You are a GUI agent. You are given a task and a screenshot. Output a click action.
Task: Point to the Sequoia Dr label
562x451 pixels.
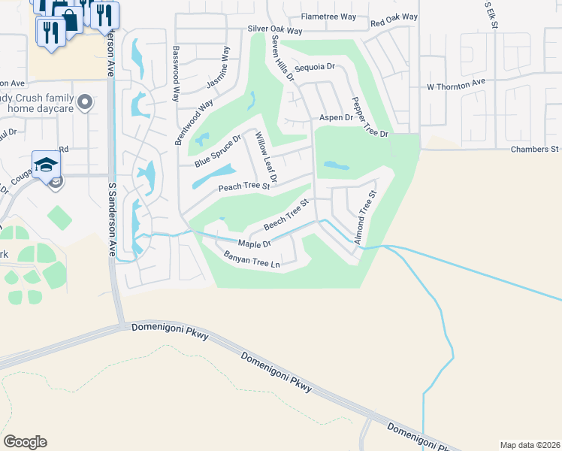point(314,67)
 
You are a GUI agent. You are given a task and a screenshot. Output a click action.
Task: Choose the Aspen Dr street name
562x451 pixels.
point(336,118)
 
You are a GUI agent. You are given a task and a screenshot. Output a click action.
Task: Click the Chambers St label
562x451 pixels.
point(536,150)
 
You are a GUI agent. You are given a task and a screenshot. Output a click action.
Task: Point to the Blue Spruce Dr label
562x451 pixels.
point(217,151)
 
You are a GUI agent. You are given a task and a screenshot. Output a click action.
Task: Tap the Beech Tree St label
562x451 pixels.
point(286,216)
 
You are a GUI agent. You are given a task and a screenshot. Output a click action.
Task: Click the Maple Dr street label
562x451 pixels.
point(253,244)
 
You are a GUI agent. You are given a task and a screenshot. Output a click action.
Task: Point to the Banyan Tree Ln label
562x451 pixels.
point(252,260)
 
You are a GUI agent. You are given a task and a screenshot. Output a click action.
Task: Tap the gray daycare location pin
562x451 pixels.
point(85,101)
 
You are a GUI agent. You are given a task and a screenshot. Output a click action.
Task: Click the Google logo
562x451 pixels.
point(25,442)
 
